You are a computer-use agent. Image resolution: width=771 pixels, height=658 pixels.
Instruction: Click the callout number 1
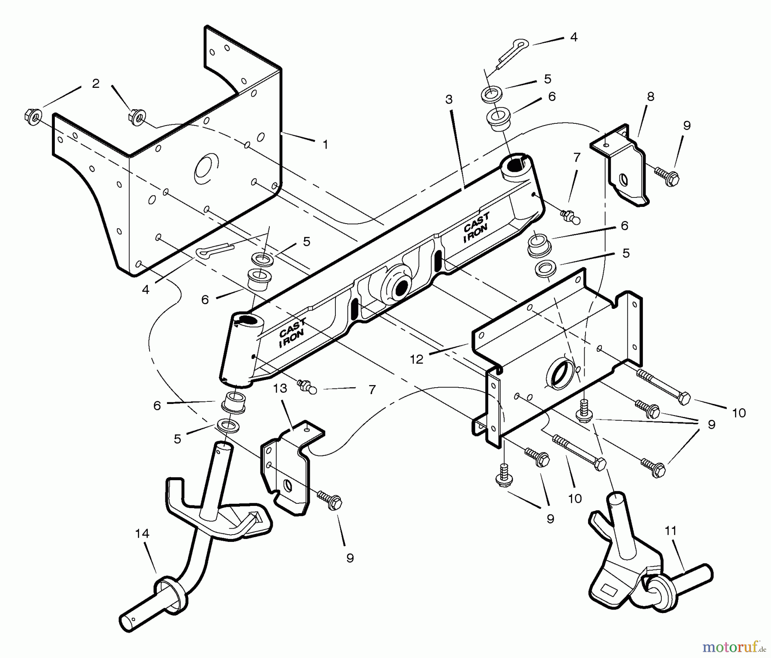[325, 145]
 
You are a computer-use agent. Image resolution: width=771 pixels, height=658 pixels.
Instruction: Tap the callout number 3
[448, 100]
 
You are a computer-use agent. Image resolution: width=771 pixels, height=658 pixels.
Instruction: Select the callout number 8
[650, 97]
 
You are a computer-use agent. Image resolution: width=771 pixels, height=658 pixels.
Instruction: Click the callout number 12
[416, 359]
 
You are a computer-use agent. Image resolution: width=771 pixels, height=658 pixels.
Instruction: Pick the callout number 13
[280, 389]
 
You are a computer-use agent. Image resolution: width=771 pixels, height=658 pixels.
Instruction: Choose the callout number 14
[142, 534]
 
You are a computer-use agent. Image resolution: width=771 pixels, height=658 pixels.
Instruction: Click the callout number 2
[96, 84]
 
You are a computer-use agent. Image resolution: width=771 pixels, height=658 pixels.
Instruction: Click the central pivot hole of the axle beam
[401, 288]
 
